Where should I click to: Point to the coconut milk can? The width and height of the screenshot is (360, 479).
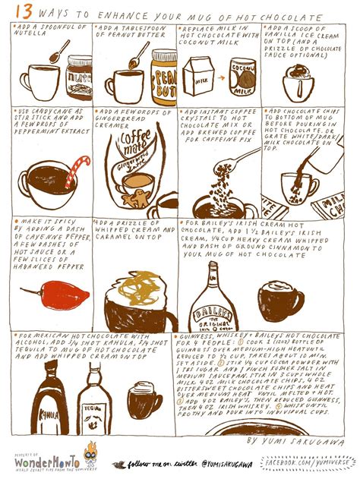click(244, 76)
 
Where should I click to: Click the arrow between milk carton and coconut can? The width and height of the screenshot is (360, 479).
click(221, 77)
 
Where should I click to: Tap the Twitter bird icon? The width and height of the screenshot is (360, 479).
click(118, 464)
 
